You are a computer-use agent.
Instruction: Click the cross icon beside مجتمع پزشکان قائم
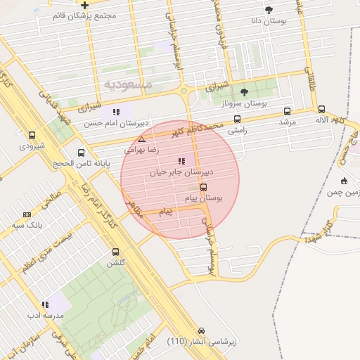pyautogui.click(x=85, y=4)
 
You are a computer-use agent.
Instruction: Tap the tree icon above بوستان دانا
pyautogui.click(x=269, y=10)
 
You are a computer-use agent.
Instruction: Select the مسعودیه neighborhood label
pyautogui.click(x=127, y=84)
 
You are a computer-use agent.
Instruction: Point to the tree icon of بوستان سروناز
pyautogui.click(x=244, y=92)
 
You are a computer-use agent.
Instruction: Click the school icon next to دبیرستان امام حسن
pyautogui.click(x=117, y=112)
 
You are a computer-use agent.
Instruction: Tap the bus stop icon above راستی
pyautogui.click(x=237, y=120)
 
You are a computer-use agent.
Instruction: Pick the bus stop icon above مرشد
pyautogui.click(x=287, y=111)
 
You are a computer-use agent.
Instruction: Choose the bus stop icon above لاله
pyautogui.click(x=321, y=110)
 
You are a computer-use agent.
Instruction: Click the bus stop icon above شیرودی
pyautogui.click(x=32, y=135)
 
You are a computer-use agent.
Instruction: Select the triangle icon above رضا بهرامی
pyautogui.click(x=141, y=139)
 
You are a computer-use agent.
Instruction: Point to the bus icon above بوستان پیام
pyautogui.click(x=204, y=187)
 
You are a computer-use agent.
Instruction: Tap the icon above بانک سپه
pyautogui.click(x=27, y=214)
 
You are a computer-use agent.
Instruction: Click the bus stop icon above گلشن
pyautogui.click(x=115, y=252)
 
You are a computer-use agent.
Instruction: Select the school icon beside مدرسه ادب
pyautogui.click(x=46, y=305)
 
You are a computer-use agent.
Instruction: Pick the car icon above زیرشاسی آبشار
pyautogui.click(x=201, y=330)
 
